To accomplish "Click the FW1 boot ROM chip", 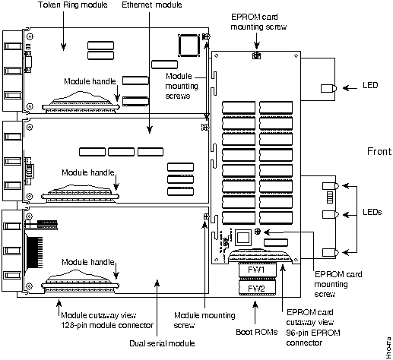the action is coord(257,270).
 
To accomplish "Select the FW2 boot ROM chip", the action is coord(257,289).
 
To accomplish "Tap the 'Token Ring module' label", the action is coord(73,5).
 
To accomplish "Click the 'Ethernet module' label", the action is coord(152,5).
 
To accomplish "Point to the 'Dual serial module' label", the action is coord(162,343).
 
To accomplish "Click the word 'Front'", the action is coord(379,151).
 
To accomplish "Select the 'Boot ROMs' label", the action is coord(257,332).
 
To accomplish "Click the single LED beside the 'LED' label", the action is coord(329,88).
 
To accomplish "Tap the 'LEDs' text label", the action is coord(372,212).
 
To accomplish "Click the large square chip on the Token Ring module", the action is coord(189,46).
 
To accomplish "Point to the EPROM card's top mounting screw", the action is coord(256,55).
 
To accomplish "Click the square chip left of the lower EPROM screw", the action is coord(243,238).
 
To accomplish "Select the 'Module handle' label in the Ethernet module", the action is coord(88,172).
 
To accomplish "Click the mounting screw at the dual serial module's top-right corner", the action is coord(206,216).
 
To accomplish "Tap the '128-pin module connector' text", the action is coord(107,325).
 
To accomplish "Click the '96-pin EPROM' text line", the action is coord(313,333).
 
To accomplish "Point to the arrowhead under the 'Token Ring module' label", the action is coord(63,47).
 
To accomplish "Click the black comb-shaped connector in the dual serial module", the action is coord(34,252).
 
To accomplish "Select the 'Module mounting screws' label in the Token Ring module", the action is coord(182,86).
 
